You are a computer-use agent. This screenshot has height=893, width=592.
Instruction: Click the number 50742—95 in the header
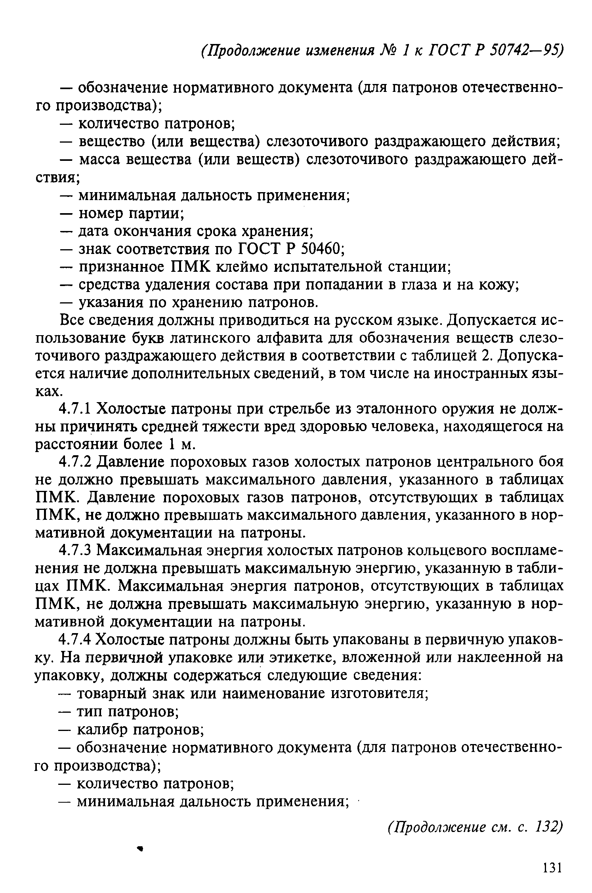pyautogui.click(x=527, y=50)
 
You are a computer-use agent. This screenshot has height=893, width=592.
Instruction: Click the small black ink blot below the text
pyautogui.click(x=139, y=848)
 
